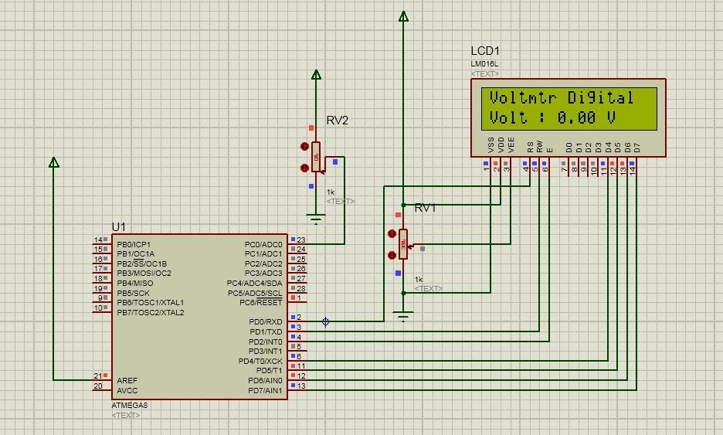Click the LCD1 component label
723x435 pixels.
485,51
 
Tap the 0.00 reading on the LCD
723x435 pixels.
576,118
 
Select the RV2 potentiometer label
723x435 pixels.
337,121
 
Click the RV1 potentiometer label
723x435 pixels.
425,208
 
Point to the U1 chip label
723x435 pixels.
118,226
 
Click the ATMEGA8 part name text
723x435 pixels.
130,405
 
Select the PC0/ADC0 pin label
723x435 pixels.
263,243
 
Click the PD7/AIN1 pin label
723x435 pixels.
264,391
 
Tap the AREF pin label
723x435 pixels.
127,381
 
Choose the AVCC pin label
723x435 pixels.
127,391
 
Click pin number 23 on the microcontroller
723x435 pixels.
300,240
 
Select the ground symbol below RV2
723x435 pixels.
315,218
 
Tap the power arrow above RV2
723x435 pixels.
315,75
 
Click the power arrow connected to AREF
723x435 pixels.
54,162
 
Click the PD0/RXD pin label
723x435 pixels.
265,321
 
